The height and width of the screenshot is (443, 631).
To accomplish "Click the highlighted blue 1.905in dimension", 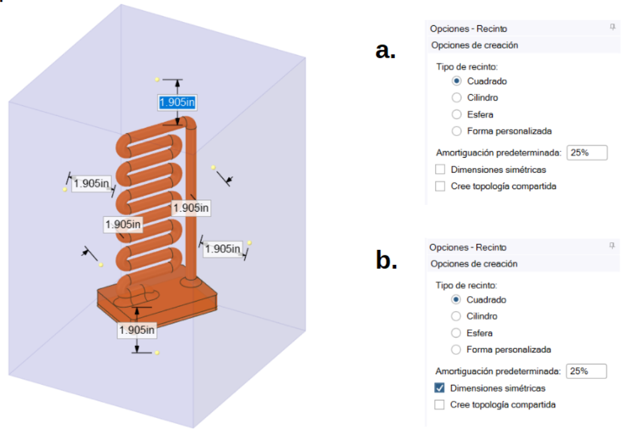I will click(x=177, y=103).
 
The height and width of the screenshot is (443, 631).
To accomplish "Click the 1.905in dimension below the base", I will click(x=137, y=330).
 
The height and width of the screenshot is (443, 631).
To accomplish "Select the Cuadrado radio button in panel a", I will click(x=457, y=81).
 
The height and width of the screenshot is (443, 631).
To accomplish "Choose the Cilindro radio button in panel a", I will click(x=457, y=98).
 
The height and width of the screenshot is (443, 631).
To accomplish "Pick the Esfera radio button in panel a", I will click(x=457, y=114).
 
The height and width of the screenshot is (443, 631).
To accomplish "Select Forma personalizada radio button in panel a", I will click(x=457, y=131).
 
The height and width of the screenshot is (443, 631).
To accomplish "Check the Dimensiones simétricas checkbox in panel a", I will click(x=440, y=170).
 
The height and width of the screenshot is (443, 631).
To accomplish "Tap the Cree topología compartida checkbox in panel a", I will click(x=440, y=186).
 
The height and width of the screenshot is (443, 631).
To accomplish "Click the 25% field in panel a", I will click(x=587, y=153).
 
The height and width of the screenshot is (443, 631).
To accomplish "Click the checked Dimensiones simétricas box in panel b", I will click(x=440, y=388).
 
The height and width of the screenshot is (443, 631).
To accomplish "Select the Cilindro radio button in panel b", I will click(x=456, y=316).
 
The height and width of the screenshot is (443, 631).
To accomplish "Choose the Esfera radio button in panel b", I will click(x=456, y=333).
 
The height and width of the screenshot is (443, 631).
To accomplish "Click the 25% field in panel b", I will click(x=586, y=371).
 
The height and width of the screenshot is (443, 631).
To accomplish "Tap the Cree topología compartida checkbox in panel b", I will click(x=440, y=405).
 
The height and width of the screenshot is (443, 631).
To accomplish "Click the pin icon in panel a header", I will click(x=613, y=28).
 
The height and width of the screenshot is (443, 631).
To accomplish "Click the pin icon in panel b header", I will click(x=612, y=246).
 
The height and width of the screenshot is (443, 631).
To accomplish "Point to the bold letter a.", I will click(x=385, y=51).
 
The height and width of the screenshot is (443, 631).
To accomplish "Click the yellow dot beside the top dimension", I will click(x=157, y=79).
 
